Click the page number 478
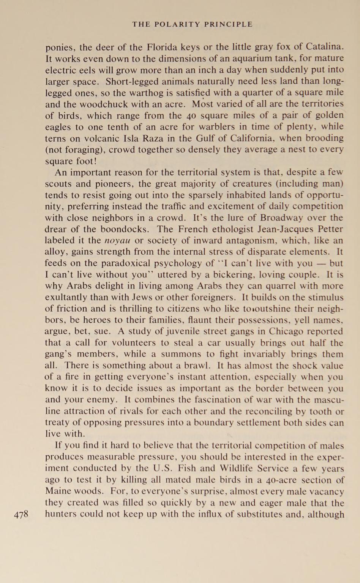pyautogui.click(x=21, y=515)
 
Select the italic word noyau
pyautogui.click(x=117, y=241)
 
